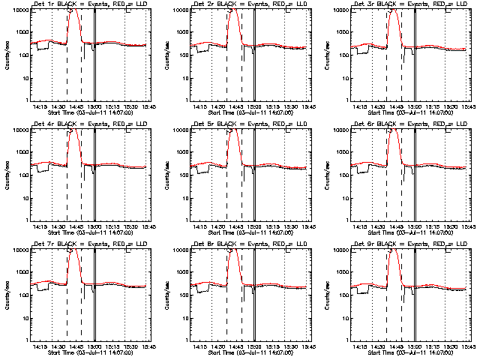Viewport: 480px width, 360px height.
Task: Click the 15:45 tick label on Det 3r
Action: (469, 106)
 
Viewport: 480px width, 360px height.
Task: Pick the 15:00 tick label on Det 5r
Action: (255, 226)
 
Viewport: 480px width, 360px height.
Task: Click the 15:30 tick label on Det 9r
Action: (451, 346)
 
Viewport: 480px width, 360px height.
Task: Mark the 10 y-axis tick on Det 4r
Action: (22, 197)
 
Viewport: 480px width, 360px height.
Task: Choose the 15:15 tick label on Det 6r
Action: (433, 226)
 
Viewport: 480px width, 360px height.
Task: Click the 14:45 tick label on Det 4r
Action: (77, 226)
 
